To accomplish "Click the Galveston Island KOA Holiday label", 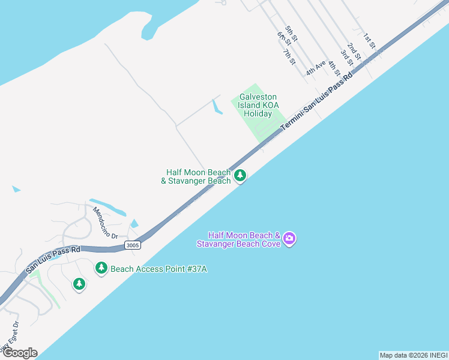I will tap(259, 105).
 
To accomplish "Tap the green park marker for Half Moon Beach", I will tap(240, 176).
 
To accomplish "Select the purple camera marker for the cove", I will tap(289, 239).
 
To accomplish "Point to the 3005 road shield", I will tap(133, 245).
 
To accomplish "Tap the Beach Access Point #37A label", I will tap(159, 269).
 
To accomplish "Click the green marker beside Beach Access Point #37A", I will tap(101, 268).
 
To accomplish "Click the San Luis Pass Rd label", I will tap(53, 260).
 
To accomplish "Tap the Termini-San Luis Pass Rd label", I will tap(317, 106).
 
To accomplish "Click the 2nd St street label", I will tap(354, 51).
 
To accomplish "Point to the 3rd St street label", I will tap(347, 58).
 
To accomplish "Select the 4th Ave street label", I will tap(315, 67).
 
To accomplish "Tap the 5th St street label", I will tap(292, 34).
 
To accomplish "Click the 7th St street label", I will tap(289, 57).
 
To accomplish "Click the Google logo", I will tap(19, 353).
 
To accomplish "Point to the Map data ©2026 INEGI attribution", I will tap(413, 355).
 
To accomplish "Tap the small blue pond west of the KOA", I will tap(217, 107).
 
